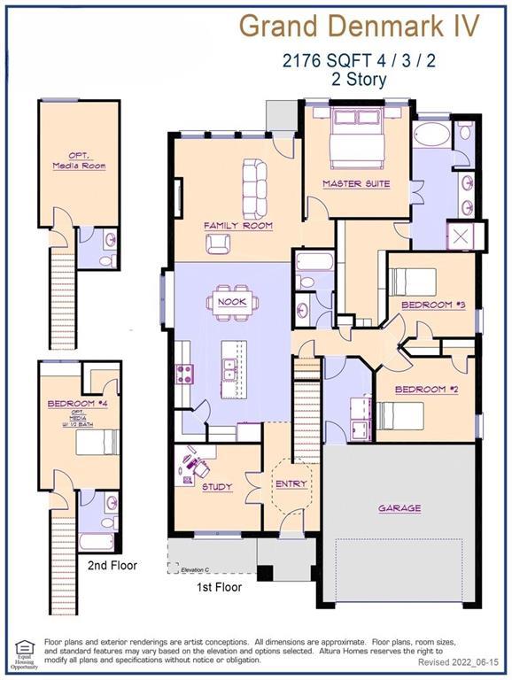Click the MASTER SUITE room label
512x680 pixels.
(x=356, y=184)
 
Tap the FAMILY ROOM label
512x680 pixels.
(x=238, y=226)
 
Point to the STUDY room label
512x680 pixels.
(x=217, y=487)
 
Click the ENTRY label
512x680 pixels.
(x=291, y=484)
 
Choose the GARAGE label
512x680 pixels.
(x=400, y=508)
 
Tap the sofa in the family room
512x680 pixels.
(x=253, y=182)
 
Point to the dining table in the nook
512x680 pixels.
(x=234, y=303)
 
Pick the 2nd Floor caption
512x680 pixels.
(x=112, y=564)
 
